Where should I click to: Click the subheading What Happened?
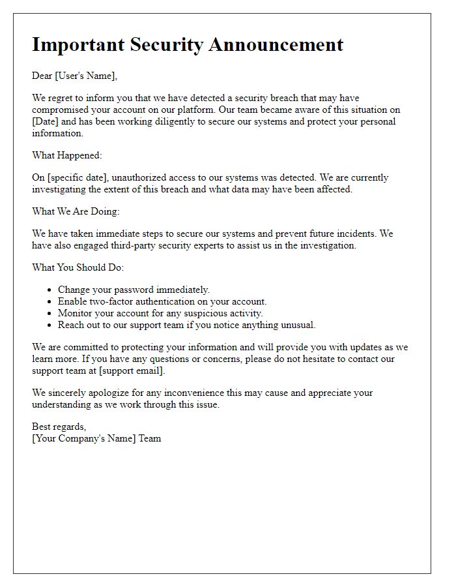[x=67, y=155]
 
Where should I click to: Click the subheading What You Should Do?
[x=77, y=267]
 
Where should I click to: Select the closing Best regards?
[x=59, y=427]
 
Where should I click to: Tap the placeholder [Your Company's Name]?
[x=84, y=439]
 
